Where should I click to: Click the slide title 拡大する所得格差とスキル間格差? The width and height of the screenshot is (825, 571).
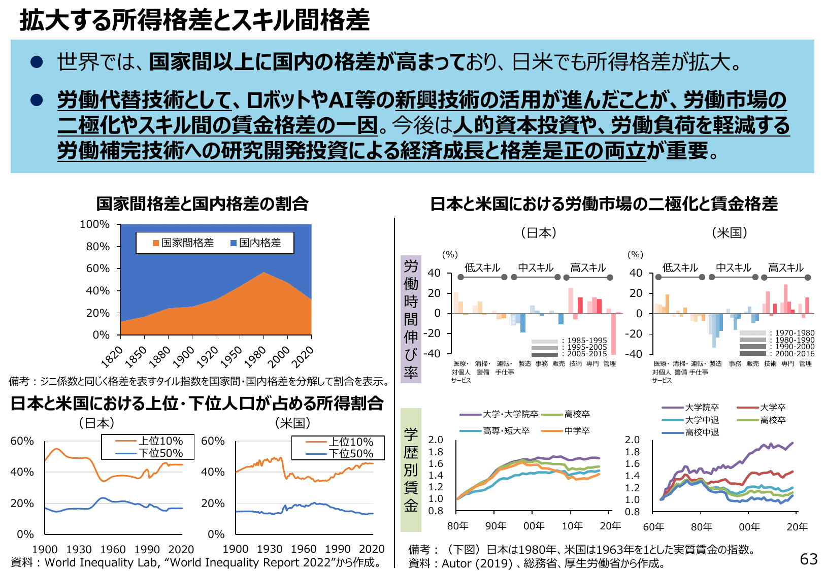pyautogui.click(x=194, y=20)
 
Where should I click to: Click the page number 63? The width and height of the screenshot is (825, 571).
pyautogui.click(x=809, y=559)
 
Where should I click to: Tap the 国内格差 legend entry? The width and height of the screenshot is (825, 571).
pyautogui.click(x=256, y=243)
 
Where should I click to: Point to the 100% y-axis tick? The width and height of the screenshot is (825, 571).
pyautogui.click(x=95, y=224)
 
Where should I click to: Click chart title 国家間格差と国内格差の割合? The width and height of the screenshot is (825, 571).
pyautogui.click(x=202, y=204)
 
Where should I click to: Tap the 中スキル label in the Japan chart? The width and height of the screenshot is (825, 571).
pyautogui.click(x=536, y=267)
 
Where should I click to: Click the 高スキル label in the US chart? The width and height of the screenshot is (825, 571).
pyautogui.click(x=785, y=267)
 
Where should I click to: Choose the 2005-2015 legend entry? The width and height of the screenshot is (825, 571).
pyautogui.click(x=587, y=354)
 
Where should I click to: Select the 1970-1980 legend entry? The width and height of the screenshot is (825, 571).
pyautogui.click(x=795, y=333)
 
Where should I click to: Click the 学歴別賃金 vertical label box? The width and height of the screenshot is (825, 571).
pyautogui.click(x=411, y=469)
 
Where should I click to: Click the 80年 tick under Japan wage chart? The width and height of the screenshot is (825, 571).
pyautogui.click(x=457, y=526)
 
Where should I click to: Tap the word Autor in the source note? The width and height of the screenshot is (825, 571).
pyautogui.click(x=457, y=563)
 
